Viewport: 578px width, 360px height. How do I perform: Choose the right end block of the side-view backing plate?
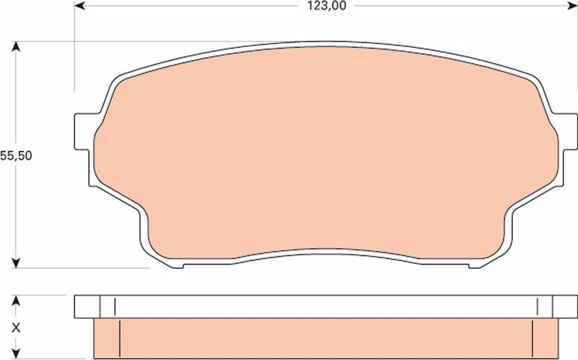click(x=556, y=306)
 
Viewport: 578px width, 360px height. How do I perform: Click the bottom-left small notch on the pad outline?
click(x=178, y=266)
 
